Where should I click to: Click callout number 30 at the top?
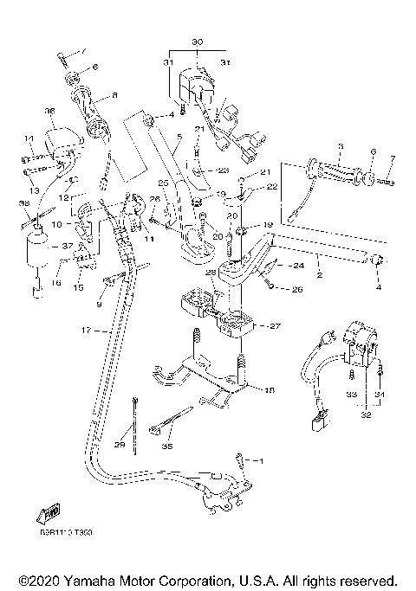pyautogui.click(x=197, y=42)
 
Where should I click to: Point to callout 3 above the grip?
pyautogui.click(x=341, y=145)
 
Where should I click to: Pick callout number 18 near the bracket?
pyautogui.click(x=269, y=391)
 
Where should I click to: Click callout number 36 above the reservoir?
pyautogui.click(x=49, y=111)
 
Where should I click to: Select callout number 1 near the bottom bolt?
pyautogui.click(x=257, y=461)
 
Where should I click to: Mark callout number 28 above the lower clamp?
pyautogui.click(x=209, y=273)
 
